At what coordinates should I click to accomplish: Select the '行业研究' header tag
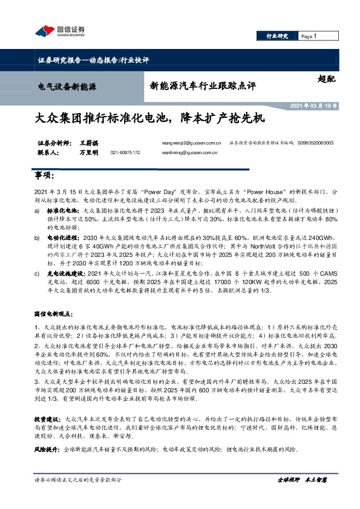tap(278, 36)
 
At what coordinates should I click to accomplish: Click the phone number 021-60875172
tap(125, 153)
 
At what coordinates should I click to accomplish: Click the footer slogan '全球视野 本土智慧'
tap(301, 479)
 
